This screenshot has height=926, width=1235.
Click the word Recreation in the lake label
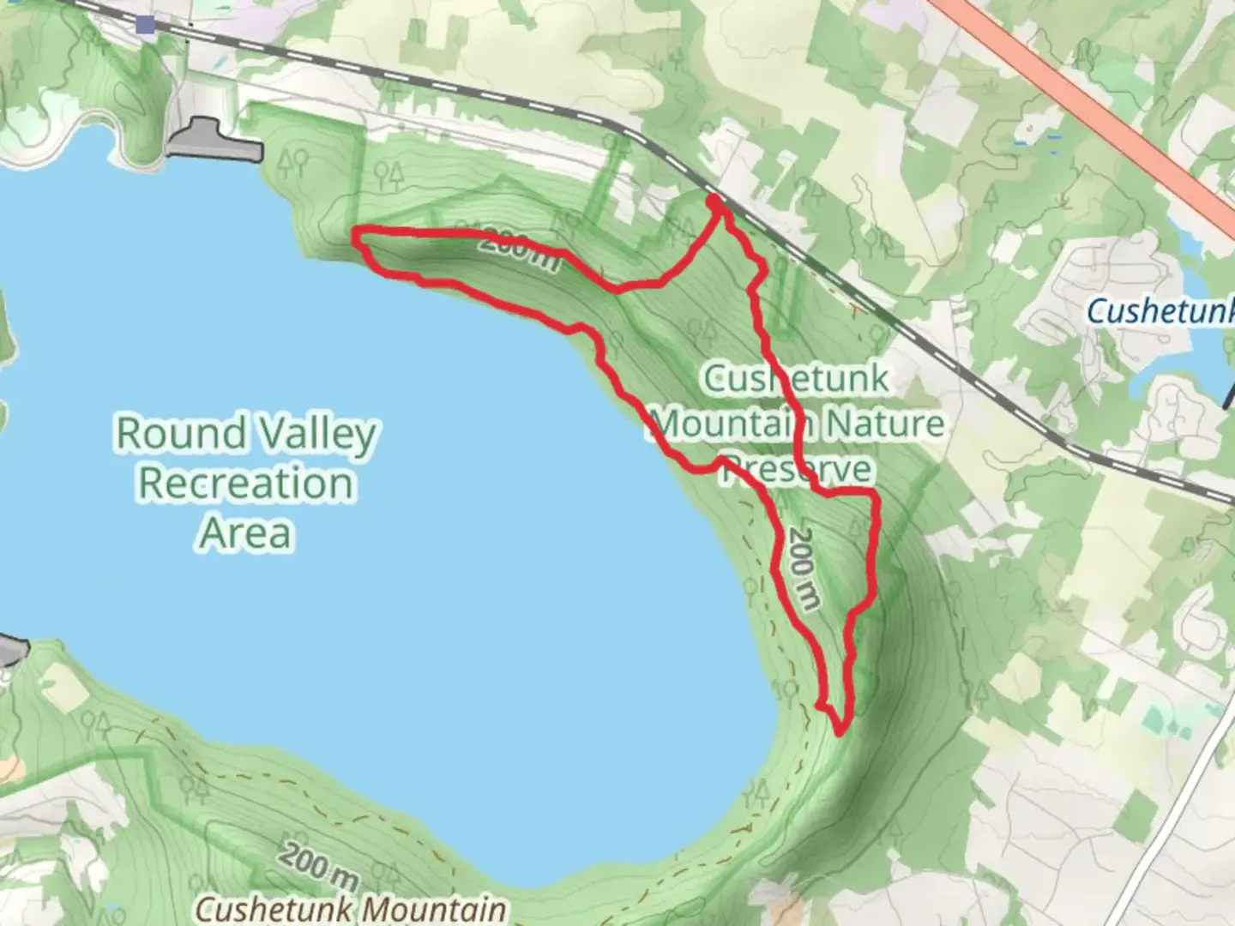coord(246,483)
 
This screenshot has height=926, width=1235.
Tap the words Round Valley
coord(246,433)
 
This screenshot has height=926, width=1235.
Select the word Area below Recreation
coord(246,532)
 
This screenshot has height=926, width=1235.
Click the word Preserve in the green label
coord(797,469)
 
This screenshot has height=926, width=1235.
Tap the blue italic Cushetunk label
coord(1160,310)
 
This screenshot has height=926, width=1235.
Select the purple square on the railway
coord(146,25)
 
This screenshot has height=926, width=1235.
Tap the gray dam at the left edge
coord(12,650)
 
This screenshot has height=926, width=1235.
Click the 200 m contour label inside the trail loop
coord(803,568)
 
